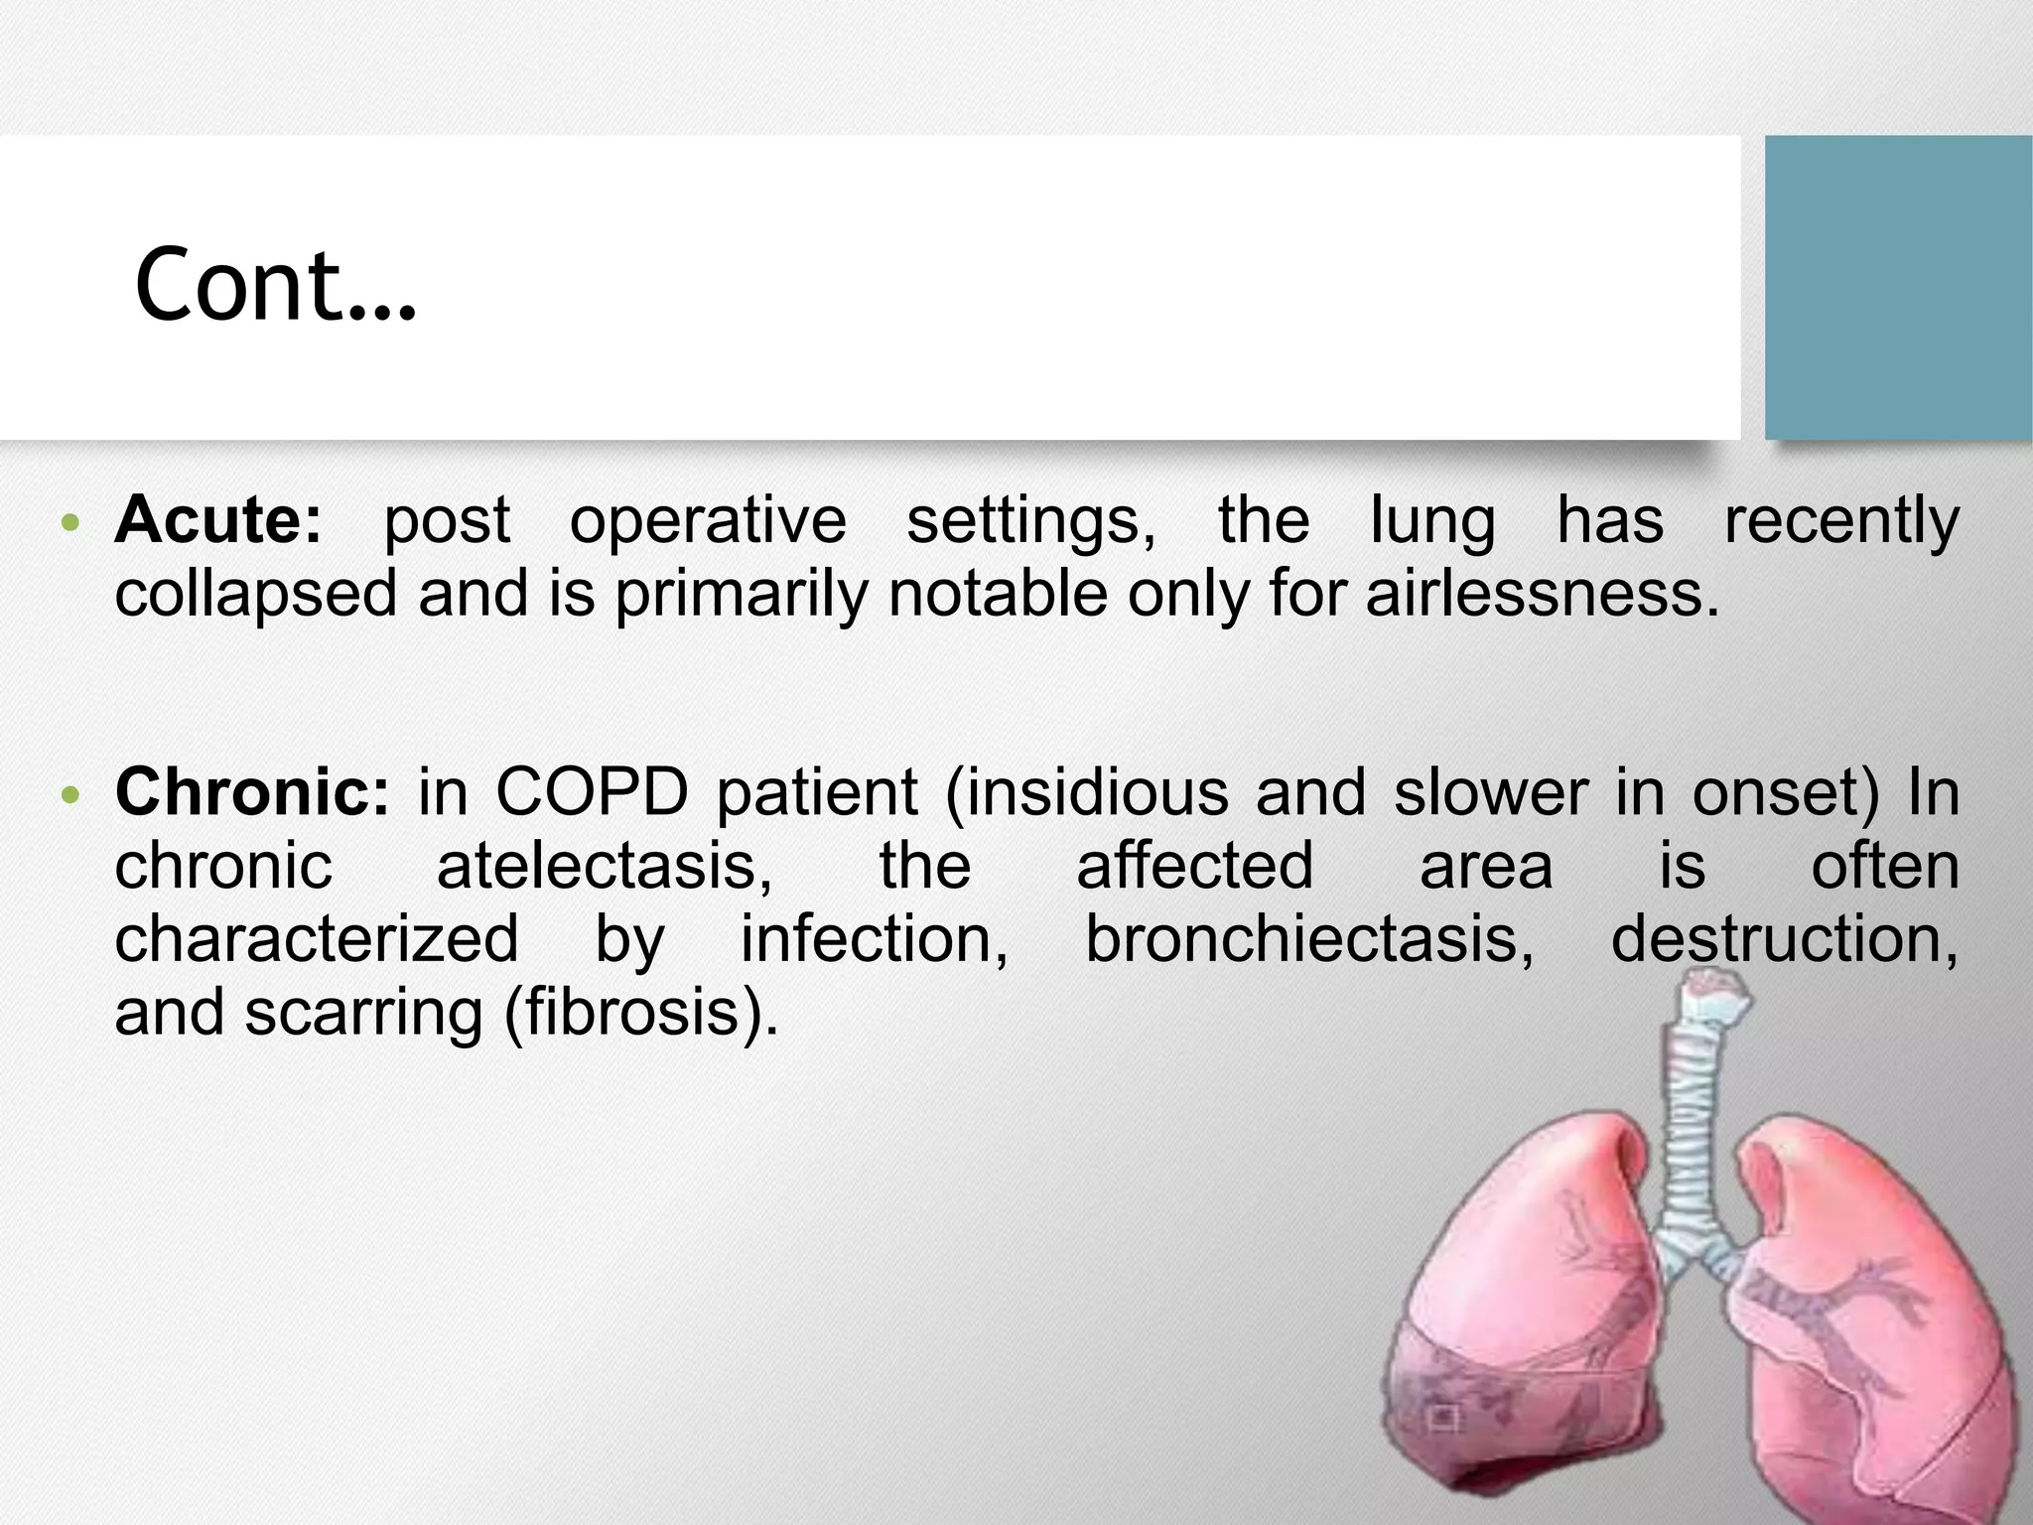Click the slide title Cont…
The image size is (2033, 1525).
tap(275, 285)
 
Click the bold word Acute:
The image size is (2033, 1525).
tap(218, 519)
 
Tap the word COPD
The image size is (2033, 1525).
tap(592, 792)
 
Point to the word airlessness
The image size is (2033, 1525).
tap(1541, 594)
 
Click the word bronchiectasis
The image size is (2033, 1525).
tap(1308, 939)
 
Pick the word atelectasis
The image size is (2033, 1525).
tap(604, 866)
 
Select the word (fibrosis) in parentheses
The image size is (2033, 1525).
tap(641, 1013)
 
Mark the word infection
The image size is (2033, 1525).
tap(874, 939)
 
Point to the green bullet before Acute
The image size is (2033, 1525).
tap(68, 522)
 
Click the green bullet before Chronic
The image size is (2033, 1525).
tap(68, 795)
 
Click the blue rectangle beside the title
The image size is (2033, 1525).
tap(1898, 287)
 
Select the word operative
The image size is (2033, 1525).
tap(707, 521)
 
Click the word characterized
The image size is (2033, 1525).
tap(316, 939)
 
